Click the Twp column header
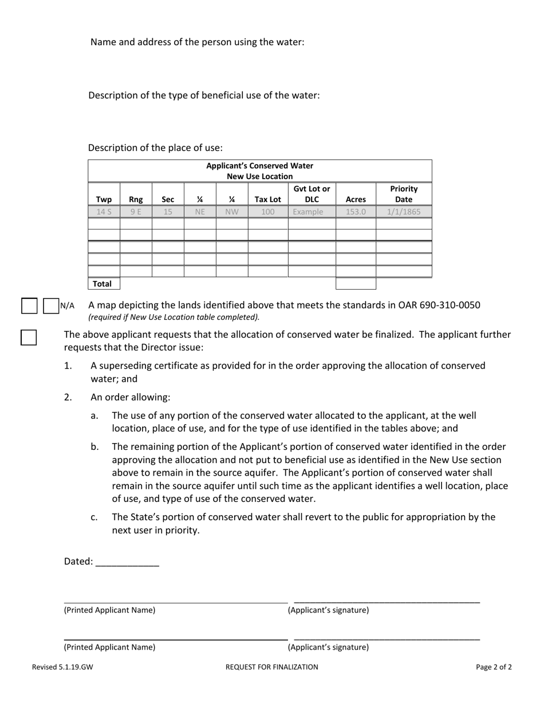tap(104, 200)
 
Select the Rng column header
tap(136, 200)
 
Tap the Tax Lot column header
tap(267, 200)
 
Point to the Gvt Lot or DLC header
tap(312, 194)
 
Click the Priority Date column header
tap(404, 194)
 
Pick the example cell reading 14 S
tap(104, 212)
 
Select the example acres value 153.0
tap(356, 212)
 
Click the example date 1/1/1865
tap(404, 212)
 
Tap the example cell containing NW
tap(231, 212)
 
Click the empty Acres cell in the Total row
tap(356, 284)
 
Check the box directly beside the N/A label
tap(52, 306)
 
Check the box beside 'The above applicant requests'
tap(29, 338)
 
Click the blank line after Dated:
tap(127, 562)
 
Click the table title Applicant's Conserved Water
tap(259, 166)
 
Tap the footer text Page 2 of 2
tap(494, 667)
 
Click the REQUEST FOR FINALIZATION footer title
tap(271, 667)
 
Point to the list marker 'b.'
tap(94, 446)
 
